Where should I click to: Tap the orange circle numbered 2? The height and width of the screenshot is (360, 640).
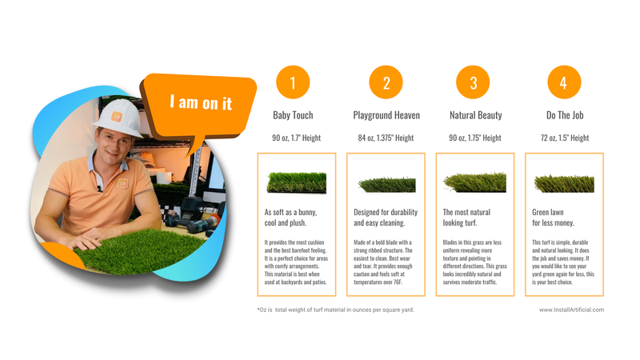click(386, 83)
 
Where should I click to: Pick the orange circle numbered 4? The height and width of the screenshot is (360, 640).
click(564, 83)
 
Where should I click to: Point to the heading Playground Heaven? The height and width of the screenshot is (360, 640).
click(386, 116)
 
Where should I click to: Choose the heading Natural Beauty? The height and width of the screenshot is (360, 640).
click(475, 116)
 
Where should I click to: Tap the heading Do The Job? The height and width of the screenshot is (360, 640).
click(564, 116)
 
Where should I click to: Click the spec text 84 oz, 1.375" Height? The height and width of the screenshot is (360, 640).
click(386, 138)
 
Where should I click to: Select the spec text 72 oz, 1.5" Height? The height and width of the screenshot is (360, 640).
click(564, 138)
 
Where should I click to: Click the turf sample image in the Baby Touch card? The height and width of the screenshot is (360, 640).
click(296, 182)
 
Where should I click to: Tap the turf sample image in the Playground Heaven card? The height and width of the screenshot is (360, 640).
click(386, 184)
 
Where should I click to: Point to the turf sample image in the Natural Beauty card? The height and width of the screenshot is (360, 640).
click(475, 182)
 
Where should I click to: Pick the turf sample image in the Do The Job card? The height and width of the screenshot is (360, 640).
click(564, 183)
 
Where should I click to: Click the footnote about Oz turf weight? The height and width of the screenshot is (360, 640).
click(335, 310)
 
